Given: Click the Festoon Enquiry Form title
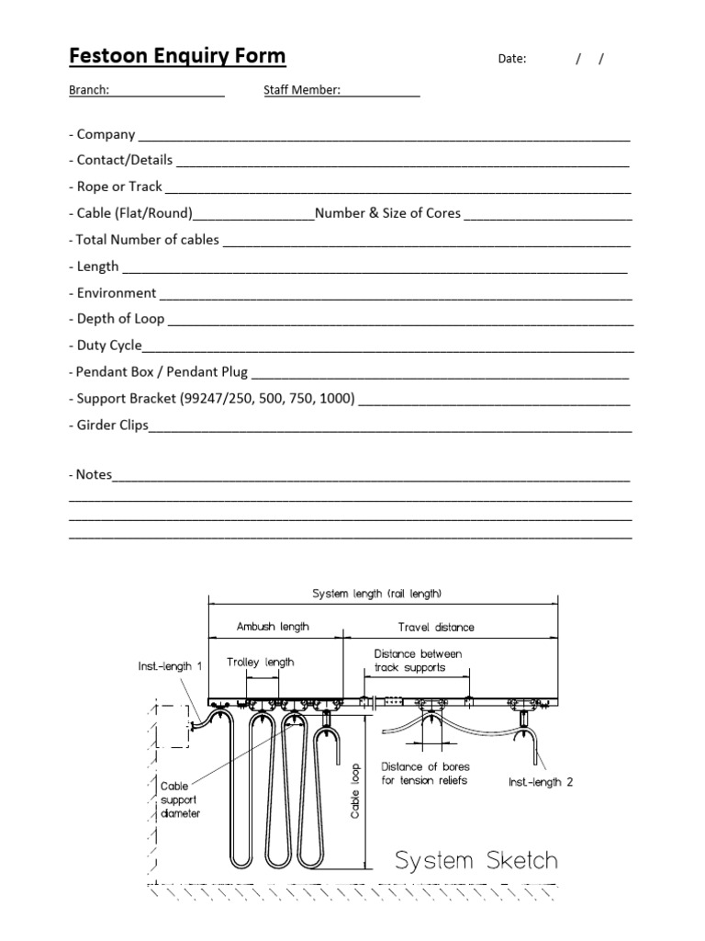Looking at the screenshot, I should point(177,57).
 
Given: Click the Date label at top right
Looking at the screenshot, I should point(512,59).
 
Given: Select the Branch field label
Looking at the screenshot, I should point(89,90).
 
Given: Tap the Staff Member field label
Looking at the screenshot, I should point(302,90).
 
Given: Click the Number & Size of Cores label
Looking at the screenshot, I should point(387,213).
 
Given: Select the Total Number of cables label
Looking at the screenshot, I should point(144,240).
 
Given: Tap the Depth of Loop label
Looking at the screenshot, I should point(117,319).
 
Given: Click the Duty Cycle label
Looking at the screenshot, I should point(106,346).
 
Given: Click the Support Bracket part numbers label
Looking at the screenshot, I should point(211,399).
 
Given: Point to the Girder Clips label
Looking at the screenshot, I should point(108,425).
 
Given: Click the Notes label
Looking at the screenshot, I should point(90,474).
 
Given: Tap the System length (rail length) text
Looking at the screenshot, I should point(383,595).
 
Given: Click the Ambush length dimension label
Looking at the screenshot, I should point(273,627).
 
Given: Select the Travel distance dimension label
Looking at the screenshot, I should point(436,628).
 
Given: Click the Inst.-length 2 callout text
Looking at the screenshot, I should point(541,782).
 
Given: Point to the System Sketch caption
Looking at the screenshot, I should point(476,861).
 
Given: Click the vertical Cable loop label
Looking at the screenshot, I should point(355,790).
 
